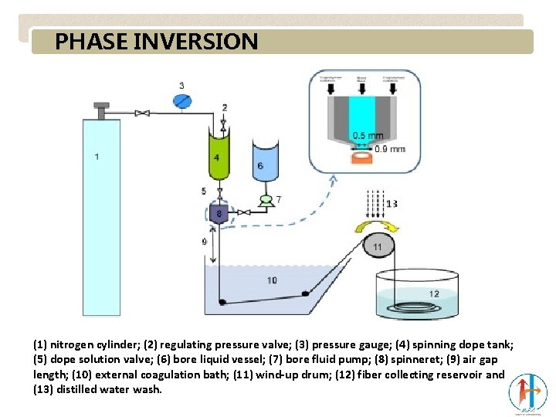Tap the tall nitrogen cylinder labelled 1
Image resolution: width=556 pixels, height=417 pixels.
(x=101, y=216)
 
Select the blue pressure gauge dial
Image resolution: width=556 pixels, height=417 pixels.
(x=181, y=100)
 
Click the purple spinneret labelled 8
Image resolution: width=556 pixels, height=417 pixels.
(x=219, y=213)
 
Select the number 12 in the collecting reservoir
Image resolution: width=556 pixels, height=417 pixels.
(x=434, y=293)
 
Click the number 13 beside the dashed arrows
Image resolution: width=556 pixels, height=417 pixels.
(x=392, y=204)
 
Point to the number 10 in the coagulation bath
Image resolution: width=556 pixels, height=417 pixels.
(x=272, y=280)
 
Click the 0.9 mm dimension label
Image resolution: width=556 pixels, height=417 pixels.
(x=389, y=149)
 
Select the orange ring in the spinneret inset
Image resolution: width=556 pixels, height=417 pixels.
(x=361, y=158)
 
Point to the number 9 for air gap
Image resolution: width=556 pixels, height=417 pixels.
(x=204, y=242)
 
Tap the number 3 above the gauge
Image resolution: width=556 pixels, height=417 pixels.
(x=181, y=85)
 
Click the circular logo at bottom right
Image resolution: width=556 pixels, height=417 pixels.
(x=527, y=392)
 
